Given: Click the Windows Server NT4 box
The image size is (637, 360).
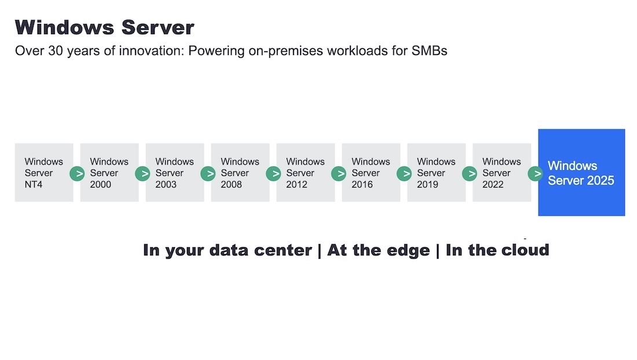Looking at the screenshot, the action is [x=44, y=172].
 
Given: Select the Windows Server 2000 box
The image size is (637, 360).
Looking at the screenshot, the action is [x=109, y=172].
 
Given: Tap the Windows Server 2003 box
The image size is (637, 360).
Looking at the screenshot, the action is [x=175, y=172].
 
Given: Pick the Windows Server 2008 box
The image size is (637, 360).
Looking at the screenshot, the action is [x=240, y=172].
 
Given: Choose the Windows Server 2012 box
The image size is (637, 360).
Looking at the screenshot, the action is [x=306, y=172].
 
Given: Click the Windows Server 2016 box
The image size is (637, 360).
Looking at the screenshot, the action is [x=371, y=172].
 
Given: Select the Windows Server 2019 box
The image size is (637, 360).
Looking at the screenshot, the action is [x=436, y=172].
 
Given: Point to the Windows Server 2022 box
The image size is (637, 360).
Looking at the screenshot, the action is [x=501, y=172].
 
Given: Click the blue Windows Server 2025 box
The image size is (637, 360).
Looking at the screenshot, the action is [x=581, y=172].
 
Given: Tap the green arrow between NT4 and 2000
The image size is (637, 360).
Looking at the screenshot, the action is [x=77, y=174].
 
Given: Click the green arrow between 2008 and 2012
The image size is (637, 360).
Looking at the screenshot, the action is [x=273, y=174].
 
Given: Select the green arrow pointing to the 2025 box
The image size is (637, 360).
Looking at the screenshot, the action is [x=536, y=174].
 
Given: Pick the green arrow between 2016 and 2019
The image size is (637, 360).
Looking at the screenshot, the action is [x=404, y=174].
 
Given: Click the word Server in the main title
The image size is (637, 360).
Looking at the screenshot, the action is [x=158, y=28].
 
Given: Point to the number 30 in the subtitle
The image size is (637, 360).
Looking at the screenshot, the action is [x=55, y=51].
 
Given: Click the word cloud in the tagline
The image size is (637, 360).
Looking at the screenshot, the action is [x=525, y=249].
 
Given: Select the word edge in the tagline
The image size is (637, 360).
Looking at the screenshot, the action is [x=408, y=251].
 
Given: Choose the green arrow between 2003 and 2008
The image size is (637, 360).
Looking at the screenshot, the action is [x=208, y=174].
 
